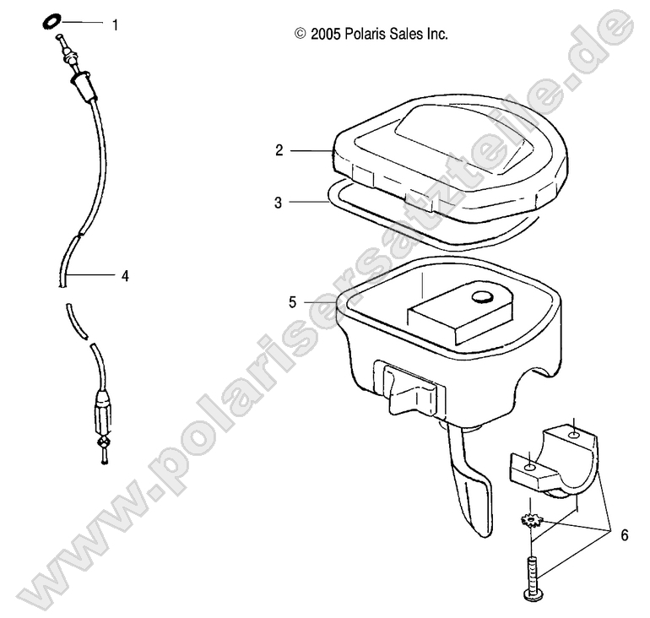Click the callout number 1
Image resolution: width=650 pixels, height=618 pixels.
pos(115,24)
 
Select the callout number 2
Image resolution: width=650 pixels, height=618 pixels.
pos(279,150)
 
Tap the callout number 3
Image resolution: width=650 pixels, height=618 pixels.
pos(279,202)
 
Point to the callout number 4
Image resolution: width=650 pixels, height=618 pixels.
pos(125,274)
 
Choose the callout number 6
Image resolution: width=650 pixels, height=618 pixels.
pos(624,535)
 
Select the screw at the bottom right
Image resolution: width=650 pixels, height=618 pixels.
pos(534,578)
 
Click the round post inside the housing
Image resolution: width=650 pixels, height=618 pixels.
pos(483,296)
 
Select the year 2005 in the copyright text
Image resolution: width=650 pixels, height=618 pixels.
pos(327,35)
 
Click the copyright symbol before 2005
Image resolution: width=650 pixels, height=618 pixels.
pos(300,35)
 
